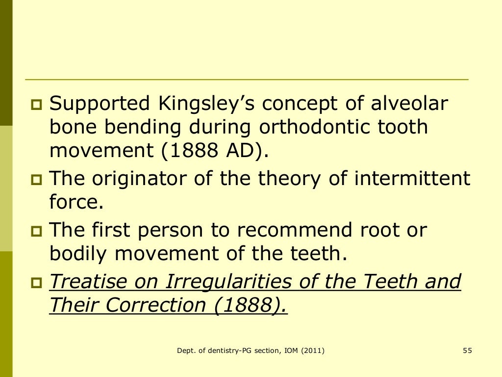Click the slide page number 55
click(x=467, y=350)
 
